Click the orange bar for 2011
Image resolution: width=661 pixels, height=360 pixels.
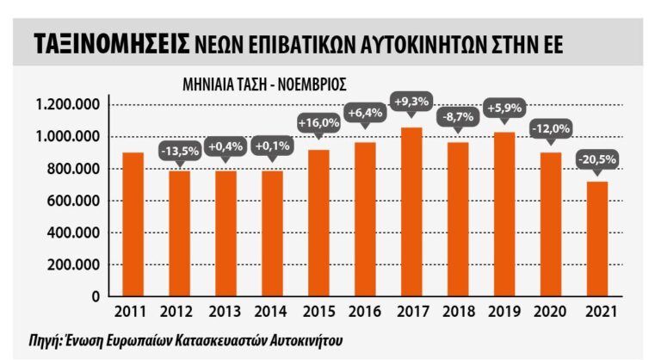click(133, 224)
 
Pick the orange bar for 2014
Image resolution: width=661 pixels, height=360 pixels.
click(272, 233)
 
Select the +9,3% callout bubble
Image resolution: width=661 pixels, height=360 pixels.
click(411, 101)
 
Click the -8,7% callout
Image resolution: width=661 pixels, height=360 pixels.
click(457, 115)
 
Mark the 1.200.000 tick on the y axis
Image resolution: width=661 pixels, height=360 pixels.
click(67, 105)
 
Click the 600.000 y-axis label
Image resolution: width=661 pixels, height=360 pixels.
click(74, 201)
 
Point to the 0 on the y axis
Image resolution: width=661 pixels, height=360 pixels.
click(96, 297)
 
